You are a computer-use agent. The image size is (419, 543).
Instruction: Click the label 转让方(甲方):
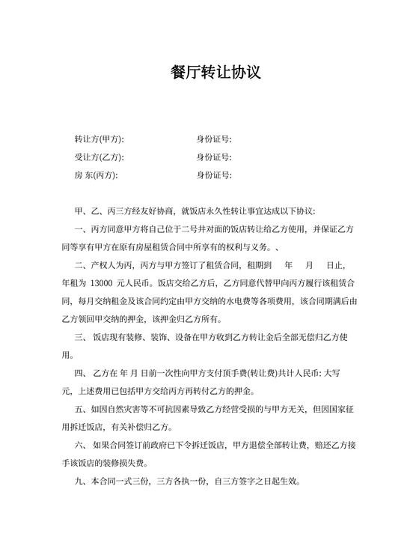[x=100, y=139]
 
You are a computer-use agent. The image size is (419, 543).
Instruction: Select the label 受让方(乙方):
[x=100, y=157]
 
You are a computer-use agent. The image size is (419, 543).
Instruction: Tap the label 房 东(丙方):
[x=97, y=175]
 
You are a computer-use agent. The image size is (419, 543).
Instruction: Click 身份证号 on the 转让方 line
[x=213, y=139]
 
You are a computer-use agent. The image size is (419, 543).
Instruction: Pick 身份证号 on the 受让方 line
[x=213, y=157]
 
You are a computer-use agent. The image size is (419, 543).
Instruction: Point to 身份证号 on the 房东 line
[x=213, y=175]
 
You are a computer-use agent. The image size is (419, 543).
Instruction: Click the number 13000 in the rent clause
[x=100, y=284]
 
